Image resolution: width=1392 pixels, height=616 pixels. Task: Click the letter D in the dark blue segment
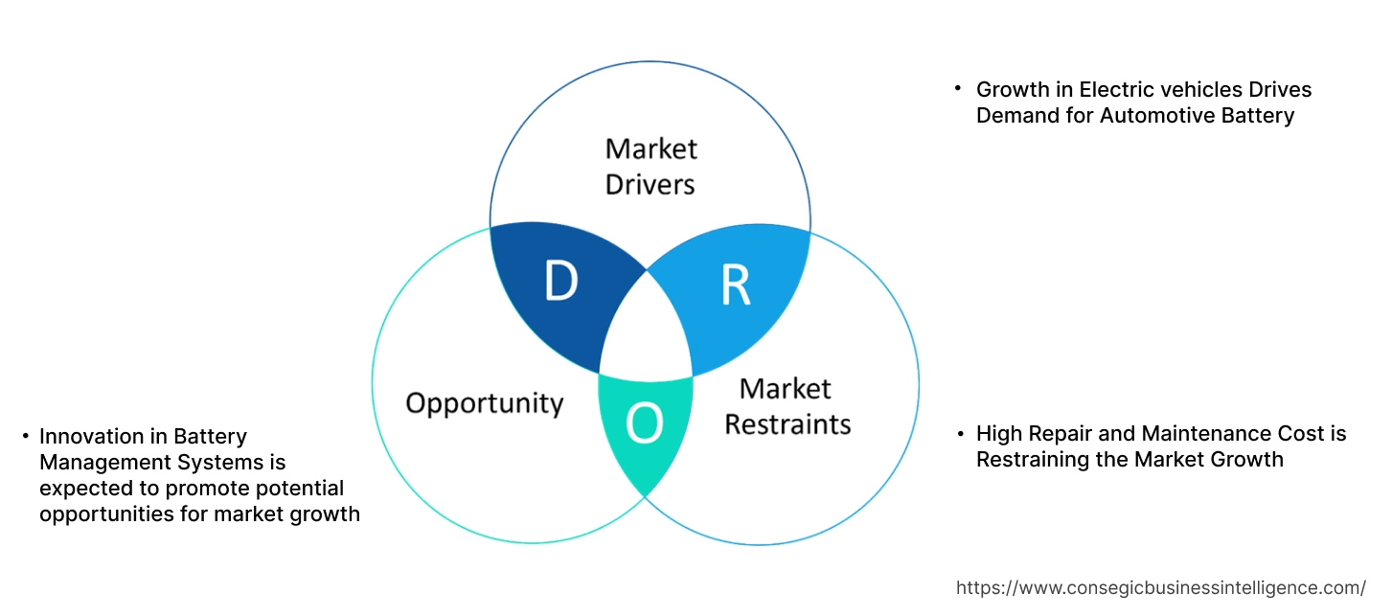coord(560,282)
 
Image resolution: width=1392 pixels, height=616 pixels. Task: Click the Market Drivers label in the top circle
coord(650,166)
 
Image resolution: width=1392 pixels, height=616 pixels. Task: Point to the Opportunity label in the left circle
coord(484,402)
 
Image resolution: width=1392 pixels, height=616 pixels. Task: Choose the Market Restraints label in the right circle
coord(787,405)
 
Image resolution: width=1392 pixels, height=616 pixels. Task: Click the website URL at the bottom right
coord(1161,587)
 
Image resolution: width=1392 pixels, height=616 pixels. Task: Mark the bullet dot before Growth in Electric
coord(957,88)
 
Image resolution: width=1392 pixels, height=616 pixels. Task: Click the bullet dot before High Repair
coord(961,434)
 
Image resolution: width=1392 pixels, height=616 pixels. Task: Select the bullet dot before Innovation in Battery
coord(25,437)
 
